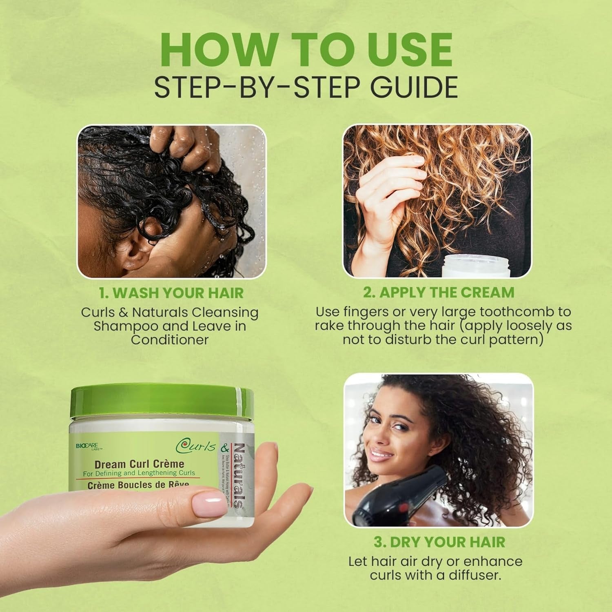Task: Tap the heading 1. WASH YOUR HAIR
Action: click(x=171, y=293)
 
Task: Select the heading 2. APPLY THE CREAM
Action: click(x=439, y=293)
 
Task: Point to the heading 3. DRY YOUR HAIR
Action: click(x=439, y=542)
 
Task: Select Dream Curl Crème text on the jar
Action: click(x=139, y=464)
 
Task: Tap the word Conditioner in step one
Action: click(x=170, y=340)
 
